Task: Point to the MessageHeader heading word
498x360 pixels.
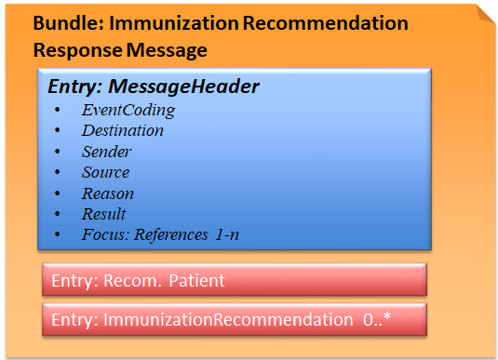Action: point(183,87)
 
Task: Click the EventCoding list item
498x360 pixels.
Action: point(128,110)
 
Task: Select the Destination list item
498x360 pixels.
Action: point(122,130)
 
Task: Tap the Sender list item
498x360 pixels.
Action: point(106,152)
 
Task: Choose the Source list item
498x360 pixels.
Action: point(105,172)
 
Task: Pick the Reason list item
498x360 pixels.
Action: point(107,193)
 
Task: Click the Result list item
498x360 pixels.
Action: point(103,214)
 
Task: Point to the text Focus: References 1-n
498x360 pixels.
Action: point(160,234)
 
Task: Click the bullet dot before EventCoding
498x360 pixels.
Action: point(59,110)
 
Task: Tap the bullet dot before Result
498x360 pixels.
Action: point(59,214)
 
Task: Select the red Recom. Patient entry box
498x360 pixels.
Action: point(234,280)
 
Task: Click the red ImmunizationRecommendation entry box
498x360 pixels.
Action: point(234,320)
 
